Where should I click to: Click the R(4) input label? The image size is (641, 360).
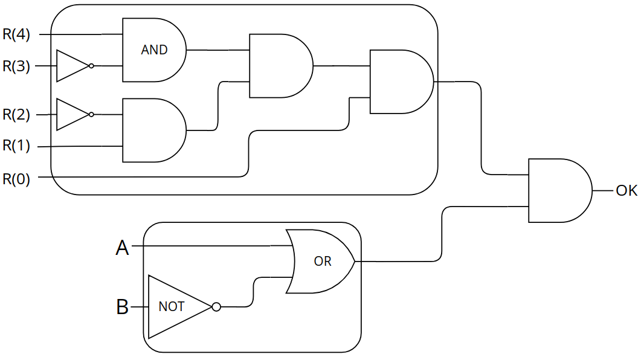[x=16, y=34]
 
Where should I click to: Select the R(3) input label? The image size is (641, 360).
[x=16, y=66]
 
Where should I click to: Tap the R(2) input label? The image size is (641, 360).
[x=16, y=115]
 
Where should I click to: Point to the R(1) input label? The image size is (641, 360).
[x=16, y=146]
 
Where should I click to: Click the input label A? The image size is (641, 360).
[x=122, y=247]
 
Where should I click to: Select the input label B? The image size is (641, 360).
[x=122, y=307]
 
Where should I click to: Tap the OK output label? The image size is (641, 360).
[x=626, y=191]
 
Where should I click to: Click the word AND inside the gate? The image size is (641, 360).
[x=154, y=50]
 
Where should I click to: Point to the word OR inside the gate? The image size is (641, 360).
[x=323, y=262]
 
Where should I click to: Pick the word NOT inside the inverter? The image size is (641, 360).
[x=171, y=307]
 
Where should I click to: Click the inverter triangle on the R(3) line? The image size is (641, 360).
[x=71, y=66]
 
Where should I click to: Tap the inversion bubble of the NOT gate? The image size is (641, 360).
[x=216, y=307]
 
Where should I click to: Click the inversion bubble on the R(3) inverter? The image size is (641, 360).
[x=91, y=66]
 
